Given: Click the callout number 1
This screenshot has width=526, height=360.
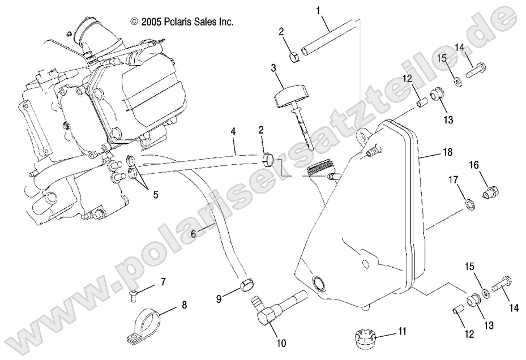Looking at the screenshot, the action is (x=318, y=10).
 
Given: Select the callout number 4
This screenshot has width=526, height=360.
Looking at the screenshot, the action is (x=233, y=132).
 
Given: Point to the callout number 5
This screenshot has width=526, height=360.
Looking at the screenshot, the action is (x=155, y=194).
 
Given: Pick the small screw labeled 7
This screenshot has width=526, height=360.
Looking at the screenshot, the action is (x=132, y=293).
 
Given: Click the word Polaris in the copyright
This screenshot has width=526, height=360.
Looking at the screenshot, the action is (x=178, y=22).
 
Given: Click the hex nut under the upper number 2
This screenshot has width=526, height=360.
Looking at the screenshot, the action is (x=294, y=57).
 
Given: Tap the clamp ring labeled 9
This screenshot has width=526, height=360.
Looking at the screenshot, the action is (x=246, y=283).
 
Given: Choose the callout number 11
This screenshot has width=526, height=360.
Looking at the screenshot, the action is (x=401, y=331).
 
